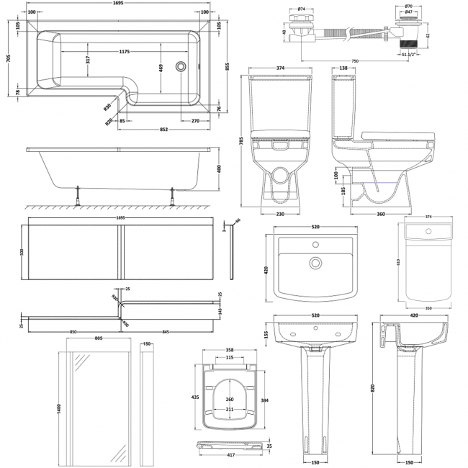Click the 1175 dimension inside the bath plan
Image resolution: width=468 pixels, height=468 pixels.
(x=119, y=52)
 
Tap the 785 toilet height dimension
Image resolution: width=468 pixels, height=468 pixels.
(x=243, y=143)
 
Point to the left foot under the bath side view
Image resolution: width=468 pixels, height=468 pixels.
(x=76, y=192)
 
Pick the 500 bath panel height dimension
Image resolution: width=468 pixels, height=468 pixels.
(x=23, y=252)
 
